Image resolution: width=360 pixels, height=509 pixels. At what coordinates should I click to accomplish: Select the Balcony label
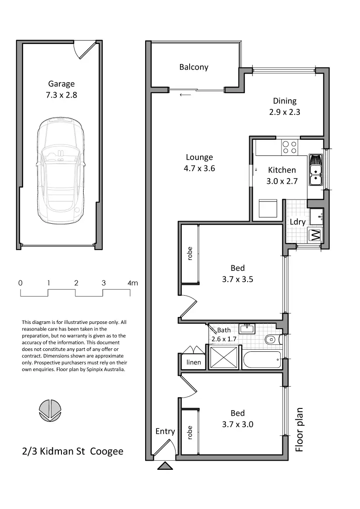coord(194,67)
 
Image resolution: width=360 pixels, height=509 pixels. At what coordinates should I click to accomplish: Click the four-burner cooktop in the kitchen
coord(289,147)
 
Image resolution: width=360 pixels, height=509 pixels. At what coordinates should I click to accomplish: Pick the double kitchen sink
coord(316,170)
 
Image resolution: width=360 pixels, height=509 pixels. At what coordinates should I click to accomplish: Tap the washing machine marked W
coord(315,235)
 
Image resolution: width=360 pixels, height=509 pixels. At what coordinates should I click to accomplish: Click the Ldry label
coord(298,222)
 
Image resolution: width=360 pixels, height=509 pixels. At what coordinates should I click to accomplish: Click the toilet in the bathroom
coord(271,340)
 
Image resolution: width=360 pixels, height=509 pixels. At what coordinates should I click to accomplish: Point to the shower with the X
coord(224,357)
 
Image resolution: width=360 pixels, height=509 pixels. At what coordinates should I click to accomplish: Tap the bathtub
coord(262,360)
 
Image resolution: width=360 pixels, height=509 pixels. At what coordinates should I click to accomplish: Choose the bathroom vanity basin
coord(247,328)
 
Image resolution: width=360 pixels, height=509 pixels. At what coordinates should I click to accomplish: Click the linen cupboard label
coord(194,362)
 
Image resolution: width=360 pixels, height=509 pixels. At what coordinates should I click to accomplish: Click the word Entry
coord(165,431)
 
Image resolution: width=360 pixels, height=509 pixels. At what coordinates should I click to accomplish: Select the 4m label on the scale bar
coord(132,283)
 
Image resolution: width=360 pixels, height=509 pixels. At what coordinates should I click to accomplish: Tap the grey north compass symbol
coord(50,410)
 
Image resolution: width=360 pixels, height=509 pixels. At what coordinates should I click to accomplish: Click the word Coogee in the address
coord(107,452)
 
